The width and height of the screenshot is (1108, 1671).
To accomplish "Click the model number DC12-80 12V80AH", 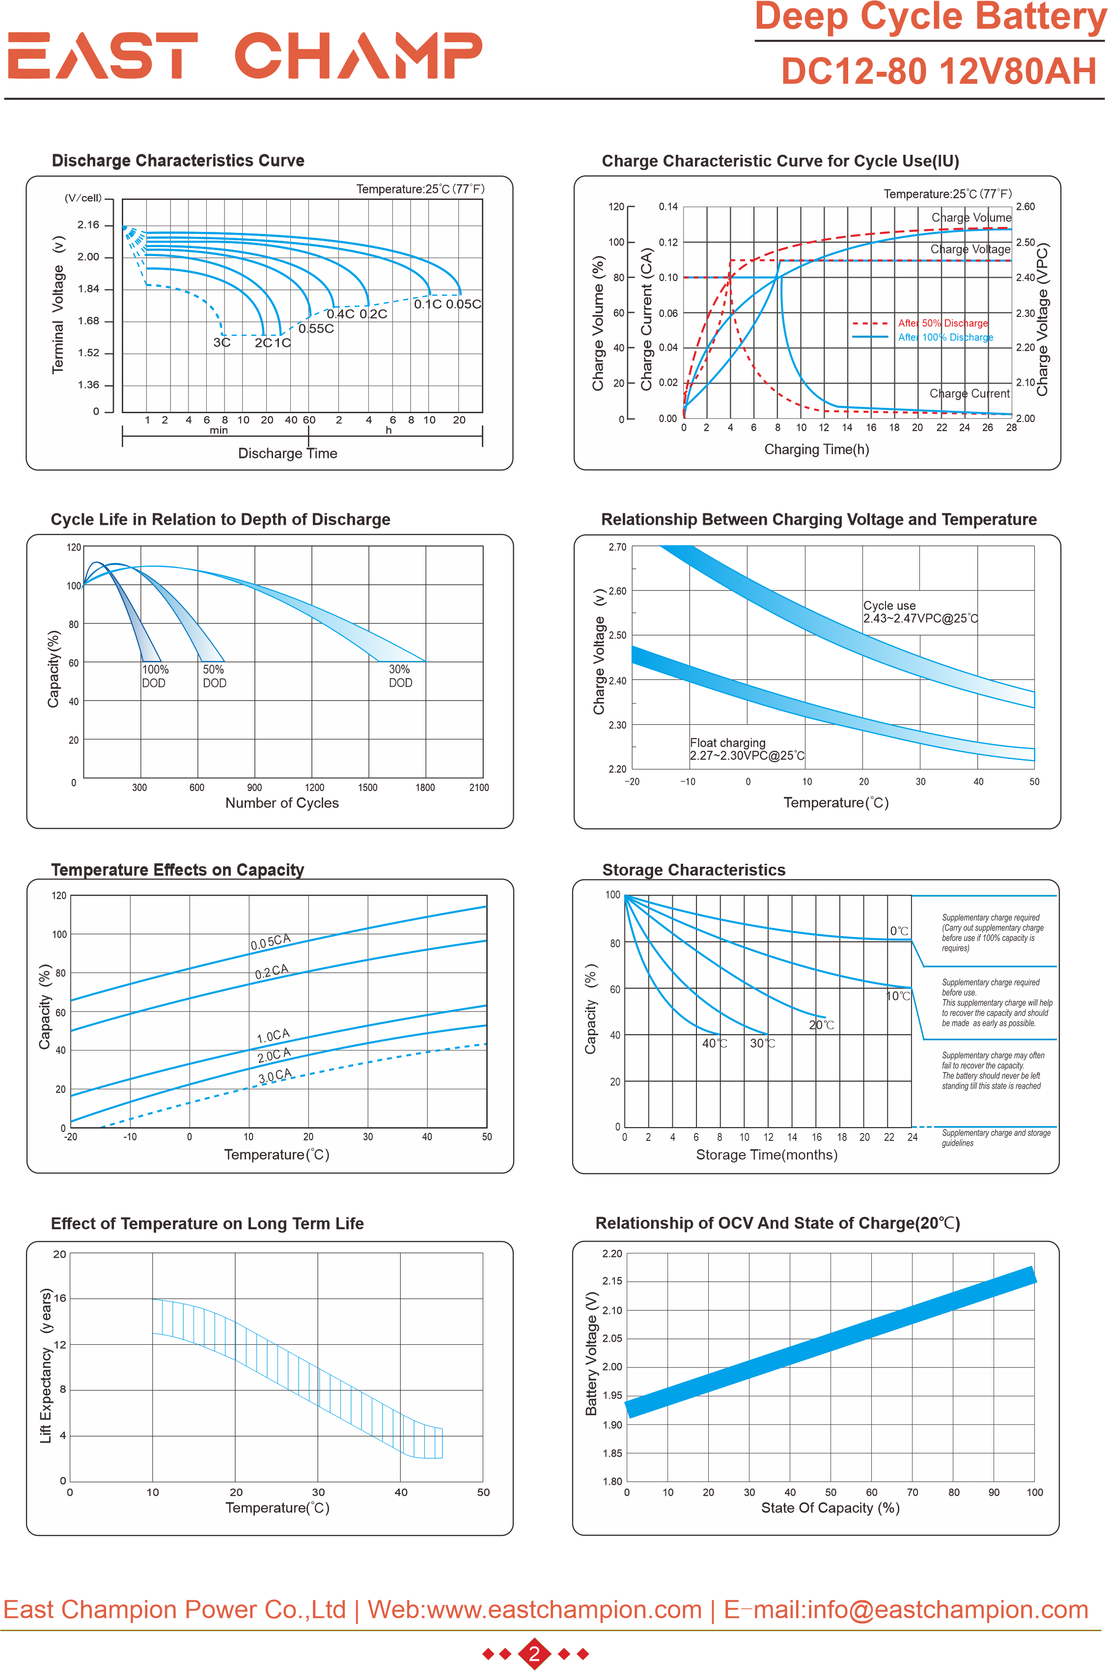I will point(939,71).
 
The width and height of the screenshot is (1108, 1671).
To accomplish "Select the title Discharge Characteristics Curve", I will point(178,161).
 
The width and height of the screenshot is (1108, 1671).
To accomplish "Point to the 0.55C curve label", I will point(316,329).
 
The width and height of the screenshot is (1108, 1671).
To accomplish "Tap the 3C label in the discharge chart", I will point(222,343).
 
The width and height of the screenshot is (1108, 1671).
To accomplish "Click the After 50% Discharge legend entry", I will point(942,323).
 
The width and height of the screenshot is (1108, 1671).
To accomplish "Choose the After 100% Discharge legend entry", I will point(945,337).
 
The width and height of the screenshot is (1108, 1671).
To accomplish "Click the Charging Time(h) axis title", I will point(816,450).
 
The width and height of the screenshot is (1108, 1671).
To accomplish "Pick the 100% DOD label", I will point(155,676).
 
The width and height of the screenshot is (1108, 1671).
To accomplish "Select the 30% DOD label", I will point(400,676).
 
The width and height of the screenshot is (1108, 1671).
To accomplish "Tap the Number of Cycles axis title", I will point(282,803).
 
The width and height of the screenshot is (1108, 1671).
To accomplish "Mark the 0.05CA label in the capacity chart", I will point(271,941).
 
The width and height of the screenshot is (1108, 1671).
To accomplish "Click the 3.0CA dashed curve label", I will point(275,1076).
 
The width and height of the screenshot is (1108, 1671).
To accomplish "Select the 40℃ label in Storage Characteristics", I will point(715,1043).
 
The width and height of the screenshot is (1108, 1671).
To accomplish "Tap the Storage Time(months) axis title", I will point(767,1155).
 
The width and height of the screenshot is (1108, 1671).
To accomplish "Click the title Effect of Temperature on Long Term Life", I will point(207,1223).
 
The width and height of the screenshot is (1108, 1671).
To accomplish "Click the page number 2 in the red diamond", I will point(534,1653).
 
